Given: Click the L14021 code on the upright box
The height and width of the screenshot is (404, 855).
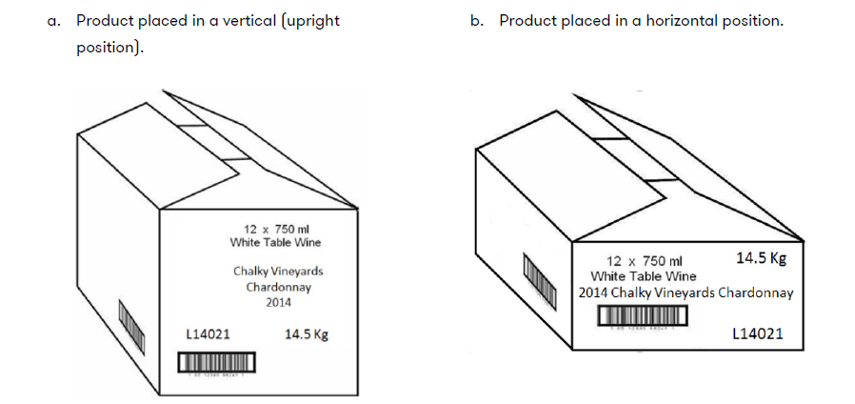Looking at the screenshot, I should [207, 334].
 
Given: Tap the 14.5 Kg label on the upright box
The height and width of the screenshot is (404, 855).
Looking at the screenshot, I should [306, 334].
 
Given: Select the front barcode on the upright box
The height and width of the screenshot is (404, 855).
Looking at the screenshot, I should [217, 363].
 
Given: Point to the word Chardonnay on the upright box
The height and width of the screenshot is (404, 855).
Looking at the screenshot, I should [278, 287].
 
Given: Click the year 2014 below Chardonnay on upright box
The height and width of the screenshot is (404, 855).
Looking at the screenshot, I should [278, 302].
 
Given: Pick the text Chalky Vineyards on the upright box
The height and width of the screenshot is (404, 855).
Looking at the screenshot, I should [278, 272].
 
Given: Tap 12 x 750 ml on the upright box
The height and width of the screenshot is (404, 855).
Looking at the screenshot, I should [277, 229].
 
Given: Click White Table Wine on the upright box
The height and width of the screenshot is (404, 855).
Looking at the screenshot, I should [276, 242].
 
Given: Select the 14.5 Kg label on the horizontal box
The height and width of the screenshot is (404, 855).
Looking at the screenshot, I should [762, 258].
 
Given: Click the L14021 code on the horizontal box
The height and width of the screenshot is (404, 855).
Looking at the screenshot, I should [758, 333].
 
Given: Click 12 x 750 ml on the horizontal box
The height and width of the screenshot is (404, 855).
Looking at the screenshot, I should [645, 261].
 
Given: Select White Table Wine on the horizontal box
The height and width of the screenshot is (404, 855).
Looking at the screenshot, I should [644, 276].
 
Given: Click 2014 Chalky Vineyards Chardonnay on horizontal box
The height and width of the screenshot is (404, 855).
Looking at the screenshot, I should [686, 293].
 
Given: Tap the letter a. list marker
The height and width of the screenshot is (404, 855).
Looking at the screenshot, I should [54, 21].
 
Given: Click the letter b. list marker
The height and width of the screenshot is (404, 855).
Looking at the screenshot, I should [477, 21].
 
